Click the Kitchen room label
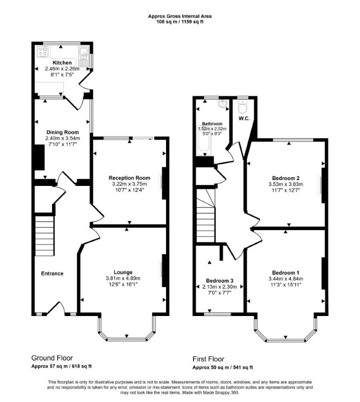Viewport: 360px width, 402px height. (x=62, y=63)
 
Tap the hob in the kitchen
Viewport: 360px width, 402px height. (x=43, y=52)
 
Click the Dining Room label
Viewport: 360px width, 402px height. (x=62, y=132)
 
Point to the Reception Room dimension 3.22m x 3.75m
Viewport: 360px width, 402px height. (x=129, y=184)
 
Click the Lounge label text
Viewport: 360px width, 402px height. (x=123, y=272)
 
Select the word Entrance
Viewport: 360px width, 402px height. (x=52, y=274)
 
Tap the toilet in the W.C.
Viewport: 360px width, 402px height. (x=242, y=107)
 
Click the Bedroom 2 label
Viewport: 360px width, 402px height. (x=286, y=178)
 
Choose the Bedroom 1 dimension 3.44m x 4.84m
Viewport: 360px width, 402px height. (x=286, y=279)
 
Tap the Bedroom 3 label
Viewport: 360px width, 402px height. (x=220, y=281)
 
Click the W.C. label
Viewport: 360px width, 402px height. (x=244, y=118)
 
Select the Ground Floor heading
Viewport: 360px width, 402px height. (x=52, y=358)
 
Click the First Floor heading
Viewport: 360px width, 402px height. (x=208, y=359)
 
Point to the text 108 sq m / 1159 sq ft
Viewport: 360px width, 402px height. (x=180, y=22)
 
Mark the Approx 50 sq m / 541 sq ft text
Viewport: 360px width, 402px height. (x=223, y=368)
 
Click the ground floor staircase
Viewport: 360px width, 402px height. (x=45, y=235)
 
